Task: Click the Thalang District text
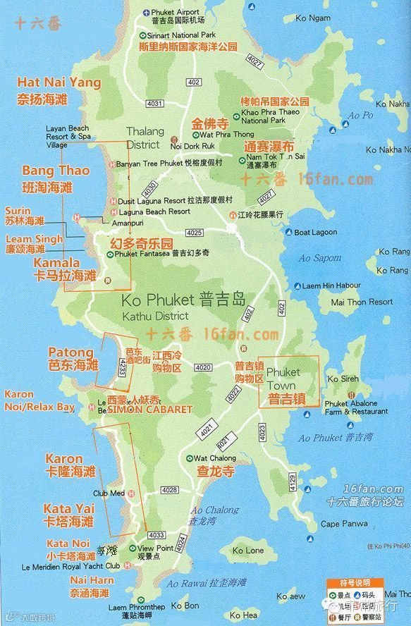(x=145, y=137)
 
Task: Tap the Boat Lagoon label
(x=315, y=233)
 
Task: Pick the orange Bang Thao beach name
(x=56, y=171)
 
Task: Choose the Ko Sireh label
(x=343, y=379)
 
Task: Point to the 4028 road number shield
(x=169, y=490)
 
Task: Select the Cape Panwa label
(x=344, y=524)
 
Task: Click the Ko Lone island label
(x=247, y=550)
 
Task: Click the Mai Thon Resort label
(x=362, y=302)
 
